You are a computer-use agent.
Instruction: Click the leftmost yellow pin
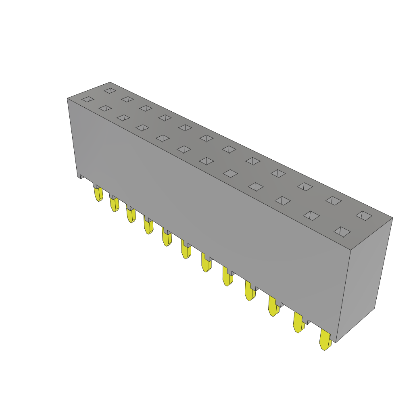coord(98,194)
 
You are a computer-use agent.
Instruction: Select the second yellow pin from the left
coord(114,204)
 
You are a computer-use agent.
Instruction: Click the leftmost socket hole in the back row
coord(110,91)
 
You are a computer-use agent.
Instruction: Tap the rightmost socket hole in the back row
coord(364,216)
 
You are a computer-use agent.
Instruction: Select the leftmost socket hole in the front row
coord(88,99)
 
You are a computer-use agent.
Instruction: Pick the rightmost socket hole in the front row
coord(342,232)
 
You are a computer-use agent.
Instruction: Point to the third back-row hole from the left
coord(146,108)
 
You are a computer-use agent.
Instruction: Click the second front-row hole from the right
coord(311,216)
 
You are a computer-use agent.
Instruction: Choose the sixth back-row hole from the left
coord(206,138)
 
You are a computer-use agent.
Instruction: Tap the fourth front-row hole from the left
coord(142,128)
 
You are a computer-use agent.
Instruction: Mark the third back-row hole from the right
coord(305,187)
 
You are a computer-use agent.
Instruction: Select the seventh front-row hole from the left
coord(206,161)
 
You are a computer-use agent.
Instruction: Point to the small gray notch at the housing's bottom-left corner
coord(81,176)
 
